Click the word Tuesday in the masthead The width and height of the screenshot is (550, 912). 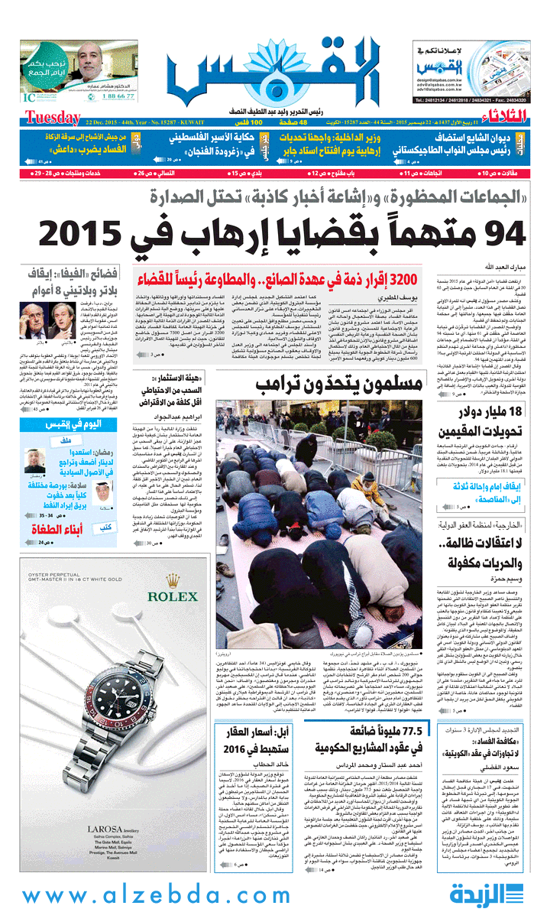pyautogui.click(x=51, y=117)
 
